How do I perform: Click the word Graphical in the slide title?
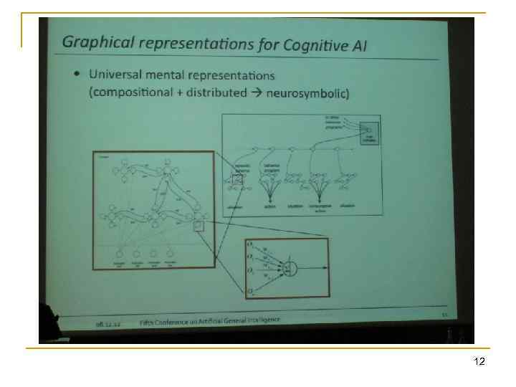point(91,41)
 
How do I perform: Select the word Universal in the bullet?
point(115,74)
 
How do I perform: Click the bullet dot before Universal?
point(77,75)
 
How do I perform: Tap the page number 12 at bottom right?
point(479,363)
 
